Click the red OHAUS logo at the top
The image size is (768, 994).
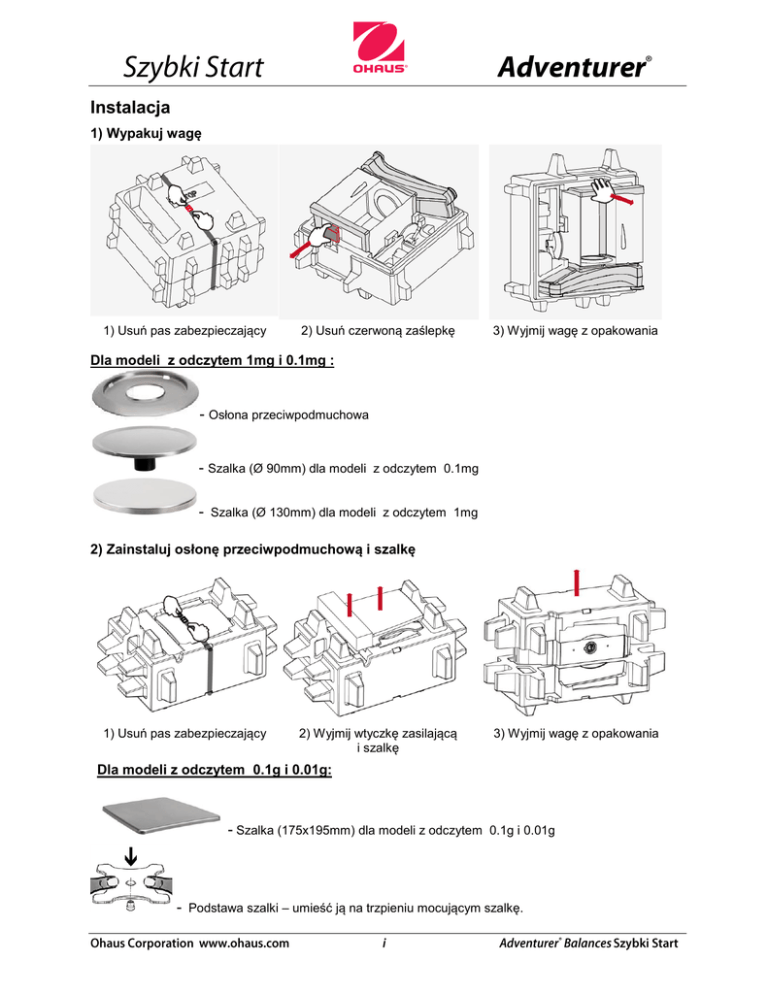[379, 49]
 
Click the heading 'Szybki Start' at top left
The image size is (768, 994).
[193, 67]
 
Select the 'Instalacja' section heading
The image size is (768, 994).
[130, 107]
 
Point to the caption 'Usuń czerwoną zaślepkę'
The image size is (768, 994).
[385, 330]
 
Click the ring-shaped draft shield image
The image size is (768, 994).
[145, 394]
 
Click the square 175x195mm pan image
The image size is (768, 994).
[161, 815]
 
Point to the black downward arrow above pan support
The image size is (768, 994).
[131, 856]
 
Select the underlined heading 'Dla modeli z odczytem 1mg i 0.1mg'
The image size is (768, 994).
[212, 360]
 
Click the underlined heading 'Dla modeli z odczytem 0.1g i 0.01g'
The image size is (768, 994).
[214, 770]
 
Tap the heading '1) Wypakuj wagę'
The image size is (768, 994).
[146, 133]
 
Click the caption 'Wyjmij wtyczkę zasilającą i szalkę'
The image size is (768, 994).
[378, 740]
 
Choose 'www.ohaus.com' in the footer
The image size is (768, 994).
[244, 943]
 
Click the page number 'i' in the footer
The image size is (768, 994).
[384, 943]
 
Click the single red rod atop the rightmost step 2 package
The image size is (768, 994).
[576, 583]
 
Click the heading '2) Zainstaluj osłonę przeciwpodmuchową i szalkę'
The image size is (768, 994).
[253, 549]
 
